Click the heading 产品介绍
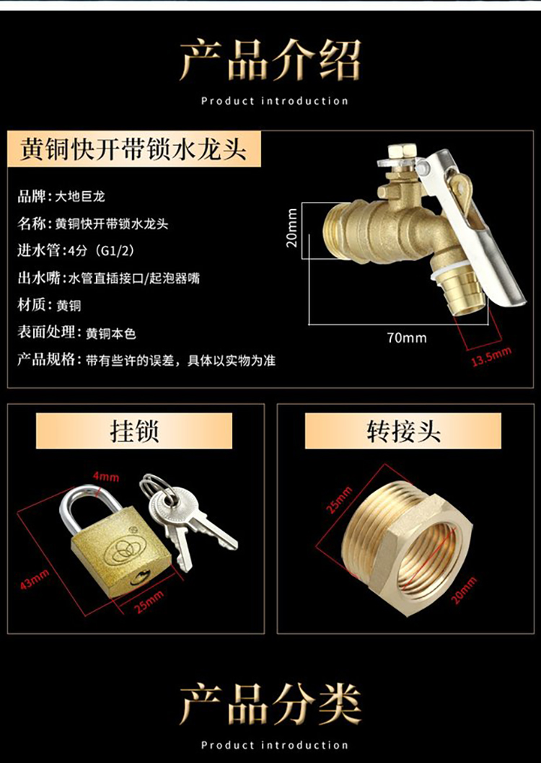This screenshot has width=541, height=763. click(270, 60)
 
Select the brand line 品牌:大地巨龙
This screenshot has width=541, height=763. click(61, 197)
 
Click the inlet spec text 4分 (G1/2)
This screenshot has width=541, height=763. click(102, 251)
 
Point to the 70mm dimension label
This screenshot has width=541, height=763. click(407, 338)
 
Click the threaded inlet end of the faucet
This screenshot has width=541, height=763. click(335, 228)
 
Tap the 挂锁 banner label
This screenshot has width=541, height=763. click(134, 431)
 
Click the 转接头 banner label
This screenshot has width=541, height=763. click(403, 431)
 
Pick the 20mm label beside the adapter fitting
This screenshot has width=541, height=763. click(464, 590)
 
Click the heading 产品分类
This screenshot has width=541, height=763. click(270, 704)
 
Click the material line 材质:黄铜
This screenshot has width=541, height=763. click(49, 306)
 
